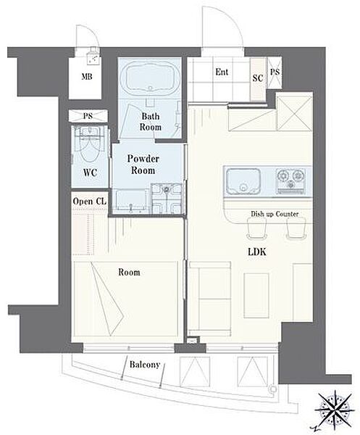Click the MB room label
(x=87, y=77)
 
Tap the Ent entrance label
(x=222, y=72)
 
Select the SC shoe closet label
(x=258, y=78)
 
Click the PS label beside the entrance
(x=275, y=72)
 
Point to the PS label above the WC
(x=88, y=116)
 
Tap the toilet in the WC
(x=89, y=146)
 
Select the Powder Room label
(x=143, y=165)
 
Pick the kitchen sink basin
(x=243, y=182)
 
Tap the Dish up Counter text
(x=275, y=214)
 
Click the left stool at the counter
(x=256, y=228)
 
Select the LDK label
(x=257, y=252)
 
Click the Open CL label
(x=90, y=202)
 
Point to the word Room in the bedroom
(x=129, y=272)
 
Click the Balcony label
(x=145, y=365)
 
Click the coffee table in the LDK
(x=256, y=295)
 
